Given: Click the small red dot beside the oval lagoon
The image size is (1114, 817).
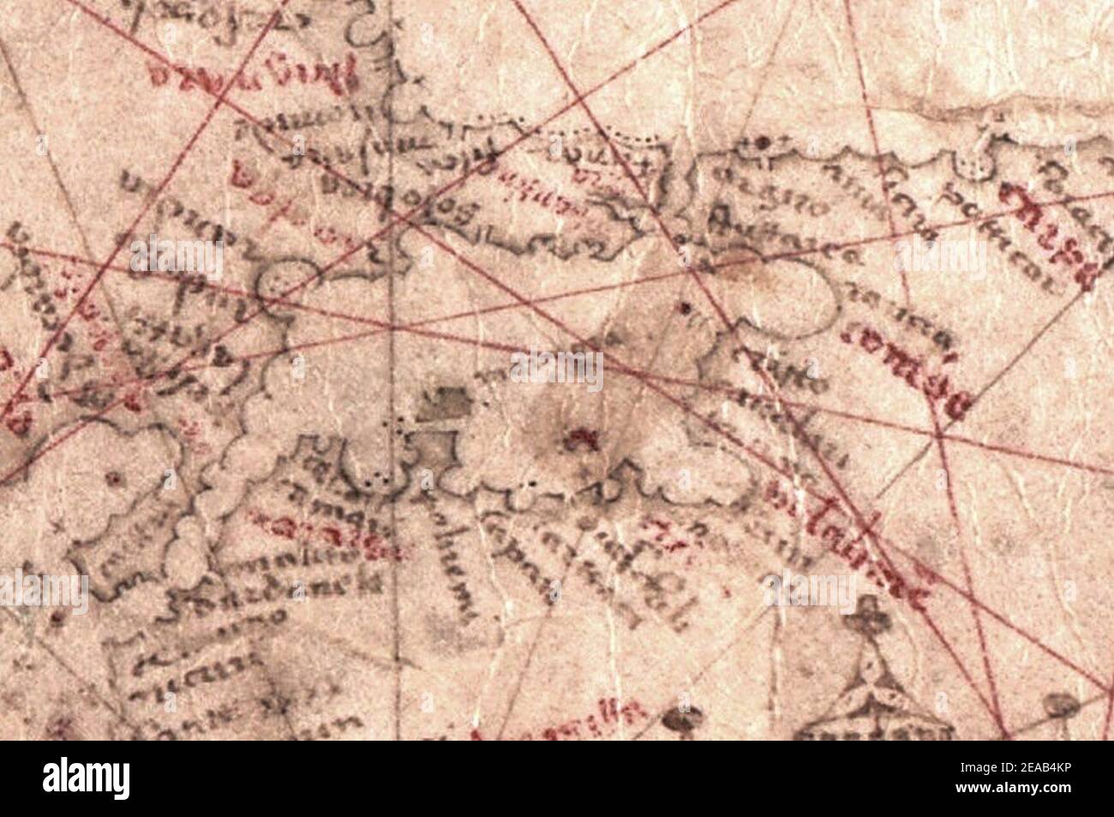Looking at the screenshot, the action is (684, 306).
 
